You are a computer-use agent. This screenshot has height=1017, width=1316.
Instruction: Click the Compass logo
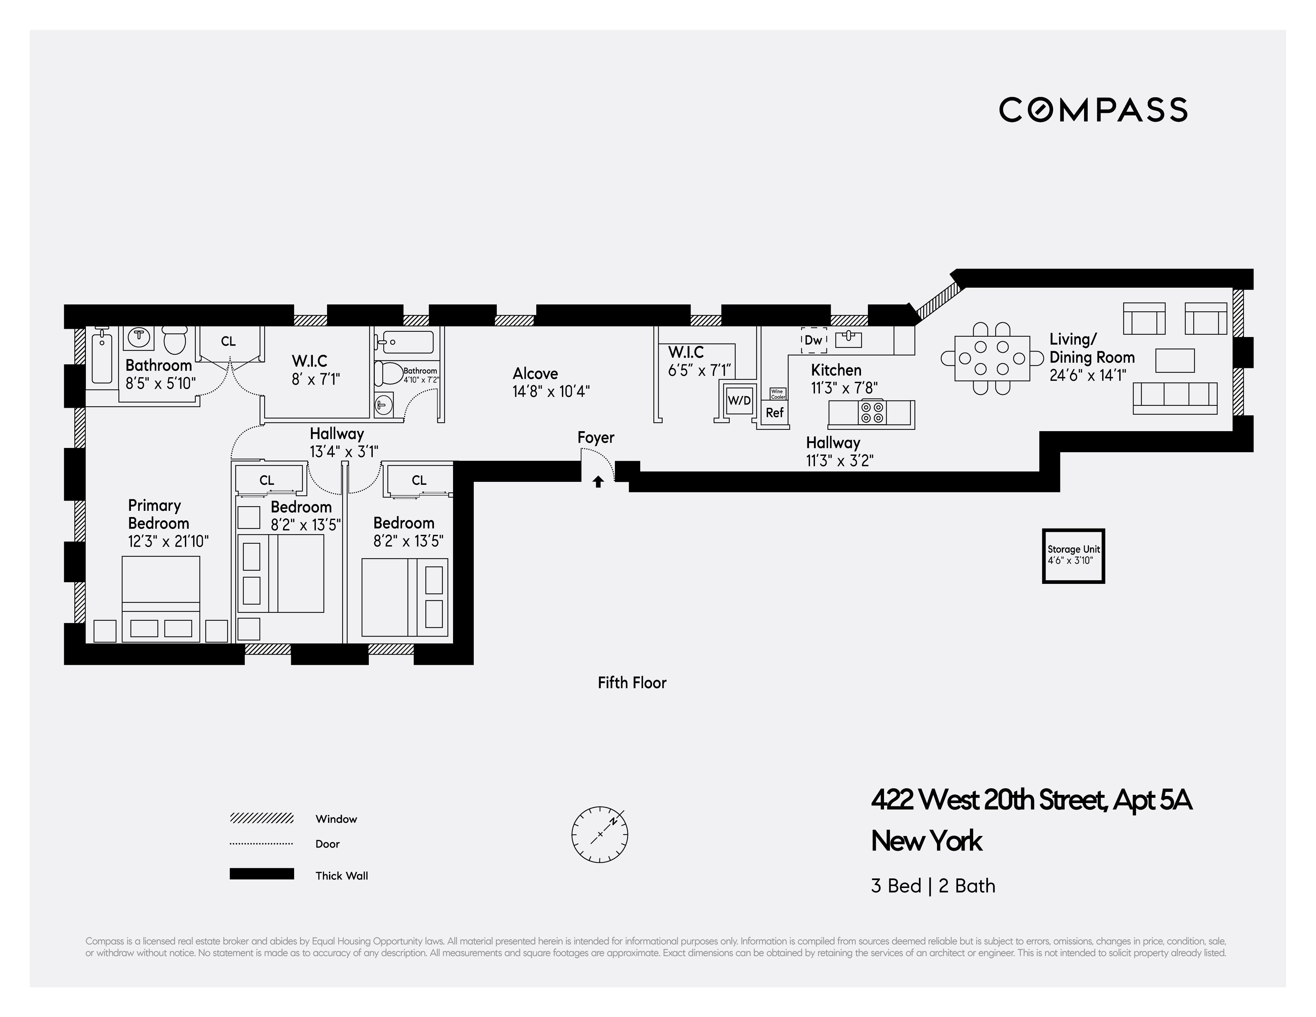pos(1093,110)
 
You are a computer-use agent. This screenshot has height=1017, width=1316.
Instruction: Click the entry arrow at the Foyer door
pos(598,482)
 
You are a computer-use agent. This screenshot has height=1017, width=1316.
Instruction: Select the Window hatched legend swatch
pos(262,818)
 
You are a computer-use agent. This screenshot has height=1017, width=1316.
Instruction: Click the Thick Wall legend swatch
pos(262,874)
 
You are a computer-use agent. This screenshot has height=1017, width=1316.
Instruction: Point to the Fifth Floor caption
pos(631,683)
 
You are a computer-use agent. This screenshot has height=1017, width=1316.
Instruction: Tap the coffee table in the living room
pos(1175,360)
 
